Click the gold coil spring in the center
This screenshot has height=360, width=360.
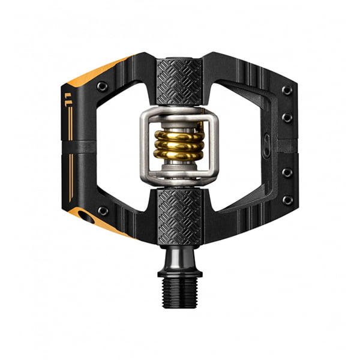click(x=179, y=146)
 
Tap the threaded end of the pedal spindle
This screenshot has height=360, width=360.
click(x=179, y=292)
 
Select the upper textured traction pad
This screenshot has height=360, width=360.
click(x=179, y=82)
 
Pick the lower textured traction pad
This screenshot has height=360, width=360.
click(x=180, y=217)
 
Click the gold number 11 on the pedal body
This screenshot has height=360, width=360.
click(x=68, y=100)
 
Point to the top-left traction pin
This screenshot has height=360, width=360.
click(x=102, y=86)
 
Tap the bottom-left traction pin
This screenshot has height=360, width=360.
click(x=103, y=211)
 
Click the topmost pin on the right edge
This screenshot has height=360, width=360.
click(x=287, y=90)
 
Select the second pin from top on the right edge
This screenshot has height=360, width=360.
click(x=287, y=118)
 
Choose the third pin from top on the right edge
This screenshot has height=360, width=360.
click(x=287, y=173)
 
